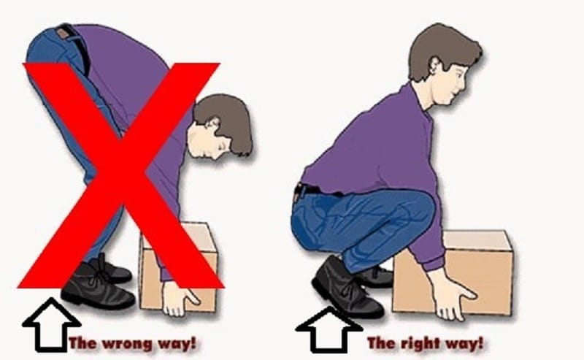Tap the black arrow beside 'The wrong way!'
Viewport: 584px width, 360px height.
point(51,325)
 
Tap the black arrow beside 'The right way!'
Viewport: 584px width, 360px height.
point(329,330)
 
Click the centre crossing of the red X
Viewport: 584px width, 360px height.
point(121,175)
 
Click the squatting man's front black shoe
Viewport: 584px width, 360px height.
point(345,289)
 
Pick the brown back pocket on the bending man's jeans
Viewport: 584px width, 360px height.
point(64,34)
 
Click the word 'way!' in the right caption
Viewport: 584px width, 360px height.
point(467,343)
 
